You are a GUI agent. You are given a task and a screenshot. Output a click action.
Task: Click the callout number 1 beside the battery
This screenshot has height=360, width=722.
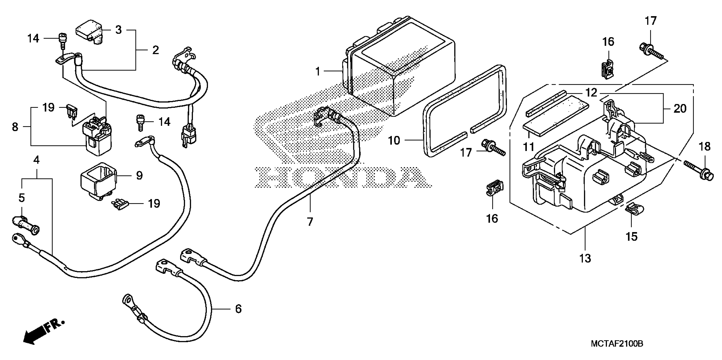(317, 71)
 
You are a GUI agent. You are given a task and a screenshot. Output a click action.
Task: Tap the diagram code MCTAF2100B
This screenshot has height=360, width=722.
(617, 343)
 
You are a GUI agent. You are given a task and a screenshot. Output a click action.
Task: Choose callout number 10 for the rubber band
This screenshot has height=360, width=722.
(394, 140)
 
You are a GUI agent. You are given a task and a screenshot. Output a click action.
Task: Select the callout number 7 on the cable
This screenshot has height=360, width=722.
(310, 222)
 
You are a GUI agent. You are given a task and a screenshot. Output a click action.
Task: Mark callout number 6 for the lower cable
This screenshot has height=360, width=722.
(238, 309)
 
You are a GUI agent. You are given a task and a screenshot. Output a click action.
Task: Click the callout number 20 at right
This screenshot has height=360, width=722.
(680, 108)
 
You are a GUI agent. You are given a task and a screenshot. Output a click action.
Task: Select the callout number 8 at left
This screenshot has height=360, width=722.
(15, 127)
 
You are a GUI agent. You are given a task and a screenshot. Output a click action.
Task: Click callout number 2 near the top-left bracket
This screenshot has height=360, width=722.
(156, 50)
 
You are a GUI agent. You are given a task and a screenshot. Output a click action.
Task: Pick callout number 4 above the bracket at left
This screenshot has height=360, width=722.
(36, 160)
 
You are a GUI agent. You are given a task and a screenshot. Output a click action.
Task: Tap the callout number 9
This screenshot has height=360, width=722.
(139, 176)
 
